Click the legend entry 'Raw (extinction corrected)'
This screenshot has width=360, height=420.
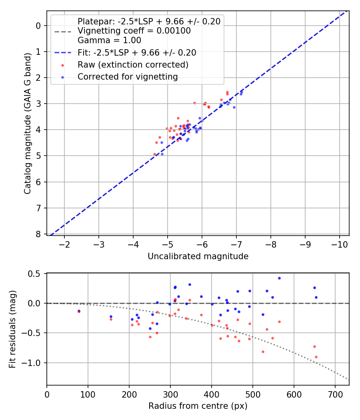tap(133, 65)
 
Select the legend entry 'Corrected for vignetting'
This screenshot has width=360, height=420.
tap(128, 77)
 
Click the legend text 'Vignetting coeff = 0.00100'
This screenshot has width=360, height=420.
tap(134, 31)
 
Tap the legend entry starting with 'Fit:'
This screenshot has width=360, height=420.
tap(137, 53)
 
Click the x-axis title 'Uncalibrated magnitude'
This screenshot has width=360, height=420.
tap(198, 256)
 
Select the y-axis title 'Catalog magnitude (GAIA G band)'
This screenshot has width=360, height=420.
tap(27, 129)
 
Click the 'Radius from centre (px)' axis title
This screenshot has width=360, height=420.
tap(198, 406)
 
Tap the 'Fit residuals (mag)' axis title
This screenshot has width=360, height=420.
tap(12, 329)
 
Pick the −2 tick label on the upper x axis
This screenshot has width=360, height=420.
tap(64, 244)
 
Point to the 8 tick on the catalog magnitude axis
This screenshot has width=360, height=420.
tap(38, 234)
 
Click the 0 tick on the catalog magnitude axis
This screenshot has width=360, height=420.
tap(38, 26)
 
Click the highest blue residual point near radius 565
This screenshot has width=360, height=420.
tap(279, 278)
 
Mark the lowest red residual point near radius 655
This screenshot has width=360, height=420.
tap(316, 357)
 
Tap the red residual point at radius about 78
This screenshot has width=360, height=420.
tap(79, 312)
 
